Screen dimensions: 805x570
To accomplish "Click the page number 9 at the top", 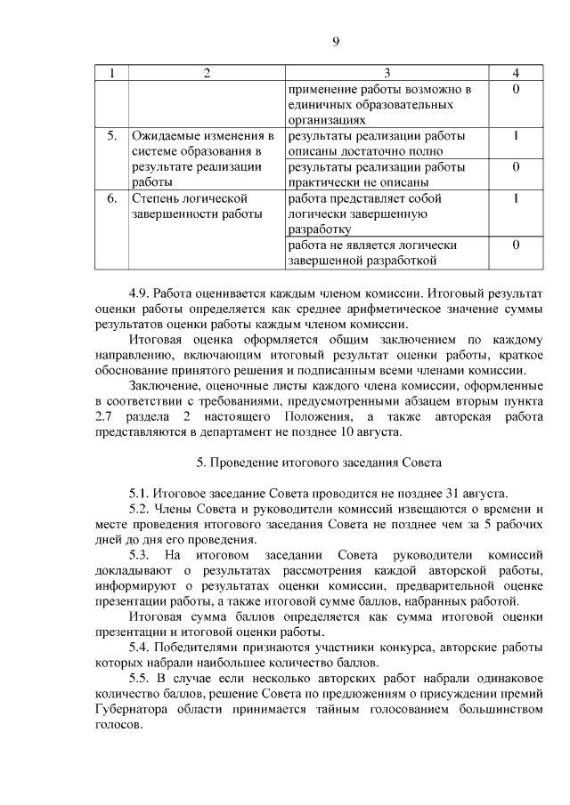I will click(336, 41).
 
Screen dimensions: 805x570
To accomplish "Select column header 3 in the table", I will click(387, 74).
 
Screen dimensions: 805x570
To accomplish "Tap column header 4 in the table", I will click(517, 74).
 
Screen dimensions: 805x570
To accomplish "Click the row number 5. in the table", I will click(111, 136).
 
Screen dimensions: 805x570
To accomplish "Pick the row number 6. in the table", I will click(111, 197).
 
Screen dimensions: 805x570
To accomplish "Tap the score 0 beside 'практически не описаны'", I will click(517, 166).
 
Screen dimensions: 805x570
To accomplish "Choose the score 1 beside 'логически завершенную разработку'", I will click(517, 197).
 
